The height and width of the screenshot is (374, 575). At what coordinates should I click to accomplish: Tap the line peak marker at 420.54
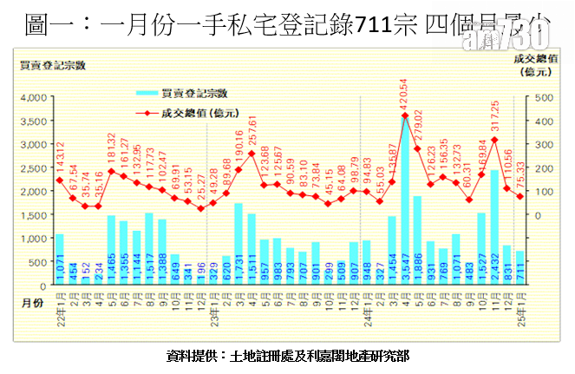pos(405,115)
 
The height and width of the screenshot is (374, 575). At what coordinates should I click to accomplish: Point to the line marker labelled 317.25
pos(494,140)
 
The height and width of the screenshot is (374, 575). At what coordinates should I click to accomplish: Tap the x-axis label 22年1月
pos(59,304)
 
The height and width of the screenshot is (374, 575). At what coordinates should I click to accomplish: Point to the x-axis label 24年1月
pos(366,304)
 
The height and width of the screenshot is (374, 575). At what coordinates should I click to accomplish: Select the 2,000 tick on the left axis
pos(34,191)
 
